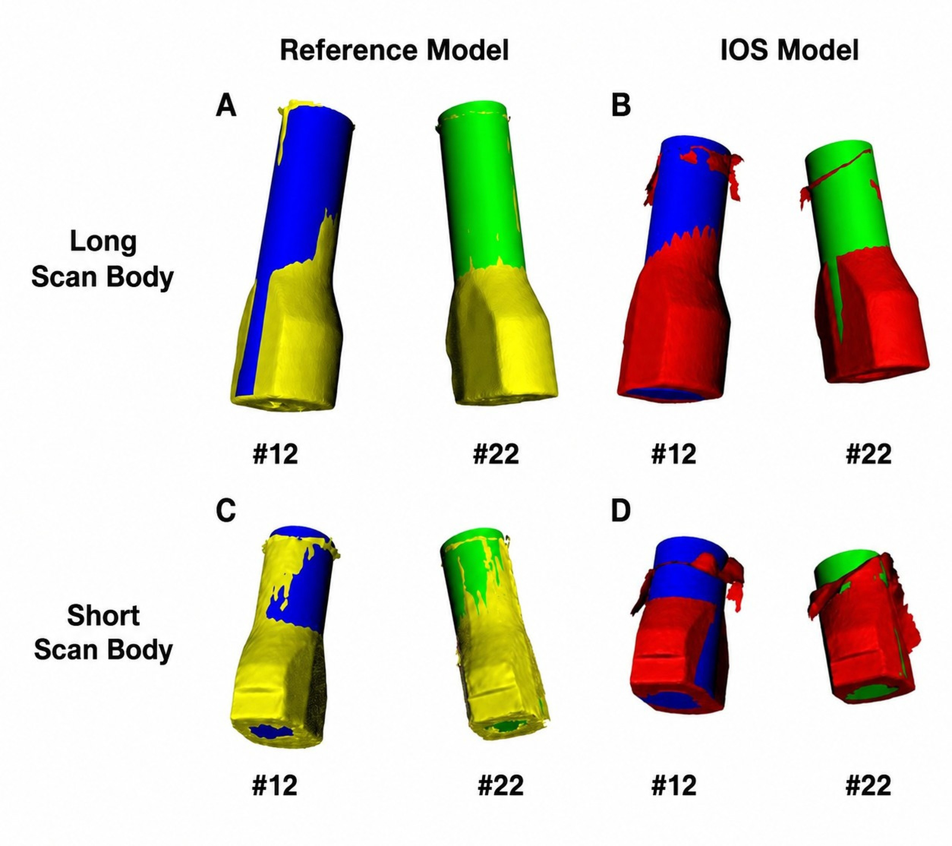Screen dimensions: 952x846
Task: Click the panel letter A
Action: (226, 106)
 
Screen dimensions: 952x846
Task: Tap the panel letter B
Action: (621, 106)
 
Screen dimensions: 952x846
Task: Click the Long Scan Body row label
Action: (102, 259)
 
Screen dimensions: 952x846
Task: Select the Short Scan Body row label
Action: (103, 632)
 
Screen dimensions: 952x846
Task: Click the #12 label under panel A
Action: (275, 454)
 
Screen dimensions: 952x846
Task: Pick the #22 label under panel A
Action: (496, 454)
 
